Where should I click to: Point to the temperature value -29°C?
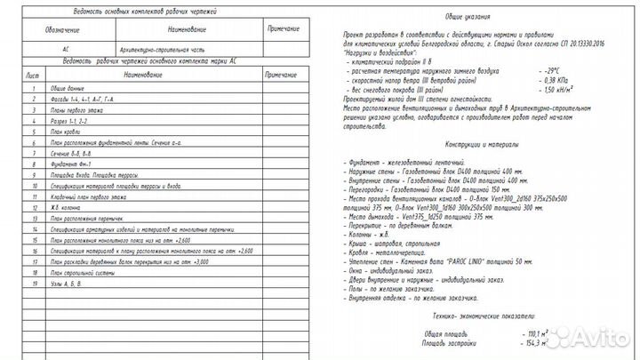click(x=554, y=68)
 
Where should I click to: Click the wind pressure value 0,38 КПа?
click(x=556, y=79)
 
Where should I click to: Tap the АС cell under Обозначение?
click(x=67, y=51)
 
